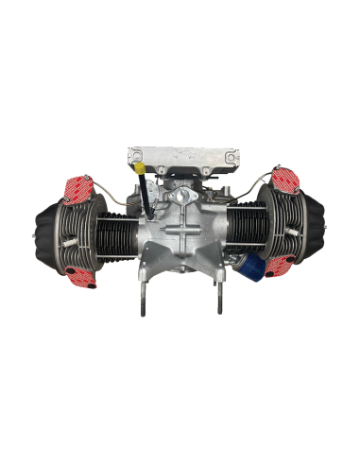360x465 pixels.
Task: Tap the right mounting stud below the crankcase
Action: [219, 302]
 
